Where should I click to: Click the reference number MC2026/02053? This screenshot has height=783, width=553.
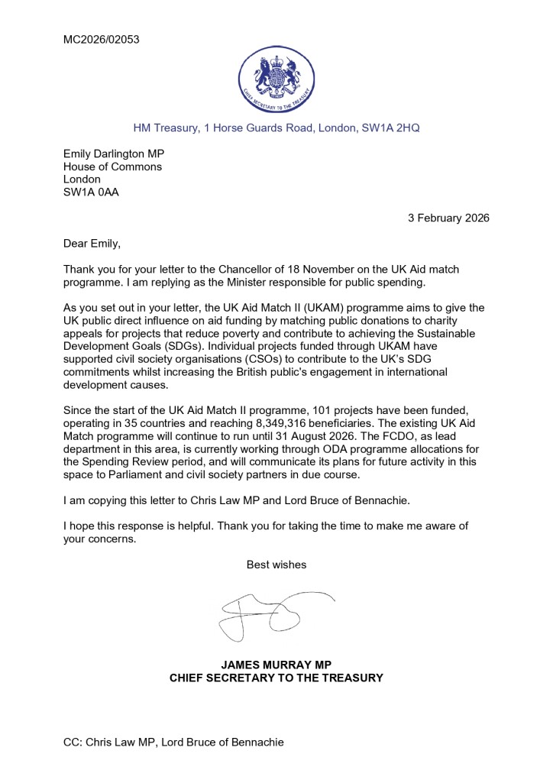(x=101, y=39)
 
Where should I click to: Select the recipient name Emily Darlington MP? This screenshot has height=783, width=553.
(x=119, y=154)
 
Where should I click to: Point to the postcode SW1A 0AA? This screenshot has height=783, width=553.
(x=91, y=193)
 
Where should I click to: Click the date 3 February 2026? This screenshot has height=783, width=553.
(x=448, y=218)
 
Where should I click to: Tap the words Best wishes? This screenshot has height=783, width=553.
(x=276, y=565)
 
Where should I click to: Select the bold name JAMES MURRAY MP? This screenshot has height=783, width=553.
(x=276, y=665)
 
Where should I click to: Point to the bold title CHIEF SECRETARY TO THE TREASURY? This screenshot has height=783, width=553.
(x=276, y=678)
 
